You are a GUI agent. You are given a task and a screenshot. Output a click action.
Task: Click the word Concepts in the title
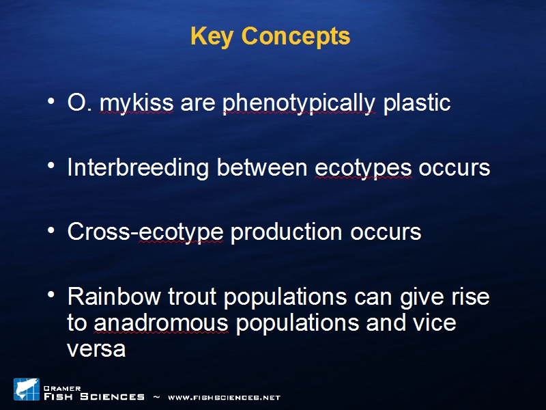[296, 37]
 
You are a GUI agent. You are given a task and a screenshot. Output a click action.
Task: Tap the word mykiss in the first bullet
[136, 104]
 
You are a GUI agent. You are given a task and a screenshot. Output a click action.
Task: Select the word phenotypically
[299, 104]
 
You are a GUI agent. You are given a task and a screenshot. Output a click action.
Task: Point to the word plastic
[417, 104]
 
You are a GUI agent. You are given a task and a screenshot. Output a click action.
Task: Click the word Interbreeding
[138, 167]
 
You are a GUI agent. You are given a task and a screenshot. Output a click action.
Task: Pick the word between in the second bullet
[262, 167]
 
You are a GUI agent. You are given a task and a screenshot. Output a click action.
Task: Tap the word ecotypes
[363, 168]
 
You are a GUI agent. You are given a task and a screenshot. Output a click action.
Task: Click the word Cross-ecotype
[145, 232]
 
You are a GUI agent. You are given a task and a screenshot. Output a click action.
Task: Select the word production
[286, 232]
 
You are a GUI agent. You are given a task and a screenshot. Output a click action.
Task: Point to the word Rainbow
[114, 297]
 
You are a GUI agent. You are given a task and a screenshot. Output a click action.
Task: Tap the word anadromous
[161, 323]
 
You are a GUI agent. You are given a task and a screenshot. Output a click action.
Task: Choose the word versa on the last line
[96, 349]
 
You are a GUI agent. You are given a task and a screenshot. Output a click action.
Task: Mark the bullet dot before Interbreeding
[51, 165]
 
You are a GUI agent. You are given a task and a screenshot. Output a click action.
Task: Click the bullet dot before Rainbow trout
[51, 295]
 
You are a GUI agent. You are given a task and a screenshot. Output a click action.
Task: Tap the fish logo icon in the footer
[27, 389]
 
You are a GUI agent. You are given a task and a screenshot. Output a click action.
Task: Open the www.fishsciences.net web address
[225, 398]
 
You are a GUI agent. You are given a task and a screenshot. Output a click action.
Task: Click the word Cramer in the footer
[62, 388]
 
